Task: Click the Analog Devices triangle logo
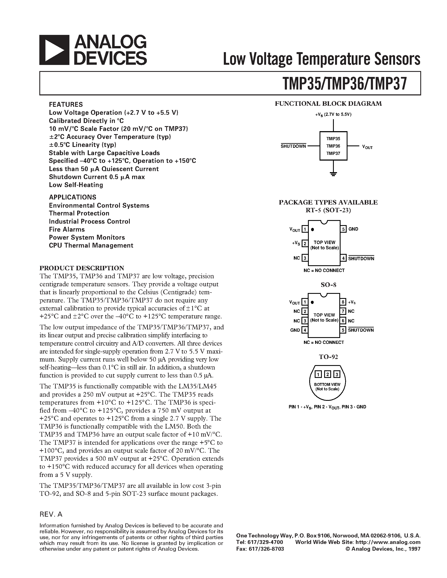[x=54, y=50]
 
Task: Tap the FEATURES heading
[x=66, y=104]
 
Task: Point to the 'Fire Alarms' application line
[x=67, y=230]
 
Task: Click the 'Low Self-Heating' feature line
[x=76, y=185]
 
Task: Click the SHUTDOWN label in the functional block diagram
[x=293, y=146]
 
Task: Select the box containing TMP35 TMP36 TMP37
[x=333, y=146]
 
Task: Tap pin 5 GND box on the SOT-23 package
[x=344, y=229]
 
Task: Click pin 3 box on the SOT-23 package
[x=305, y=258]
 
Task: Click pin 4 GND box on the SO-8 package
[x=305, y=330]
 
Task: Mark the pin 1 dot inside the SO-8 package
[x=312, y=302]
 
